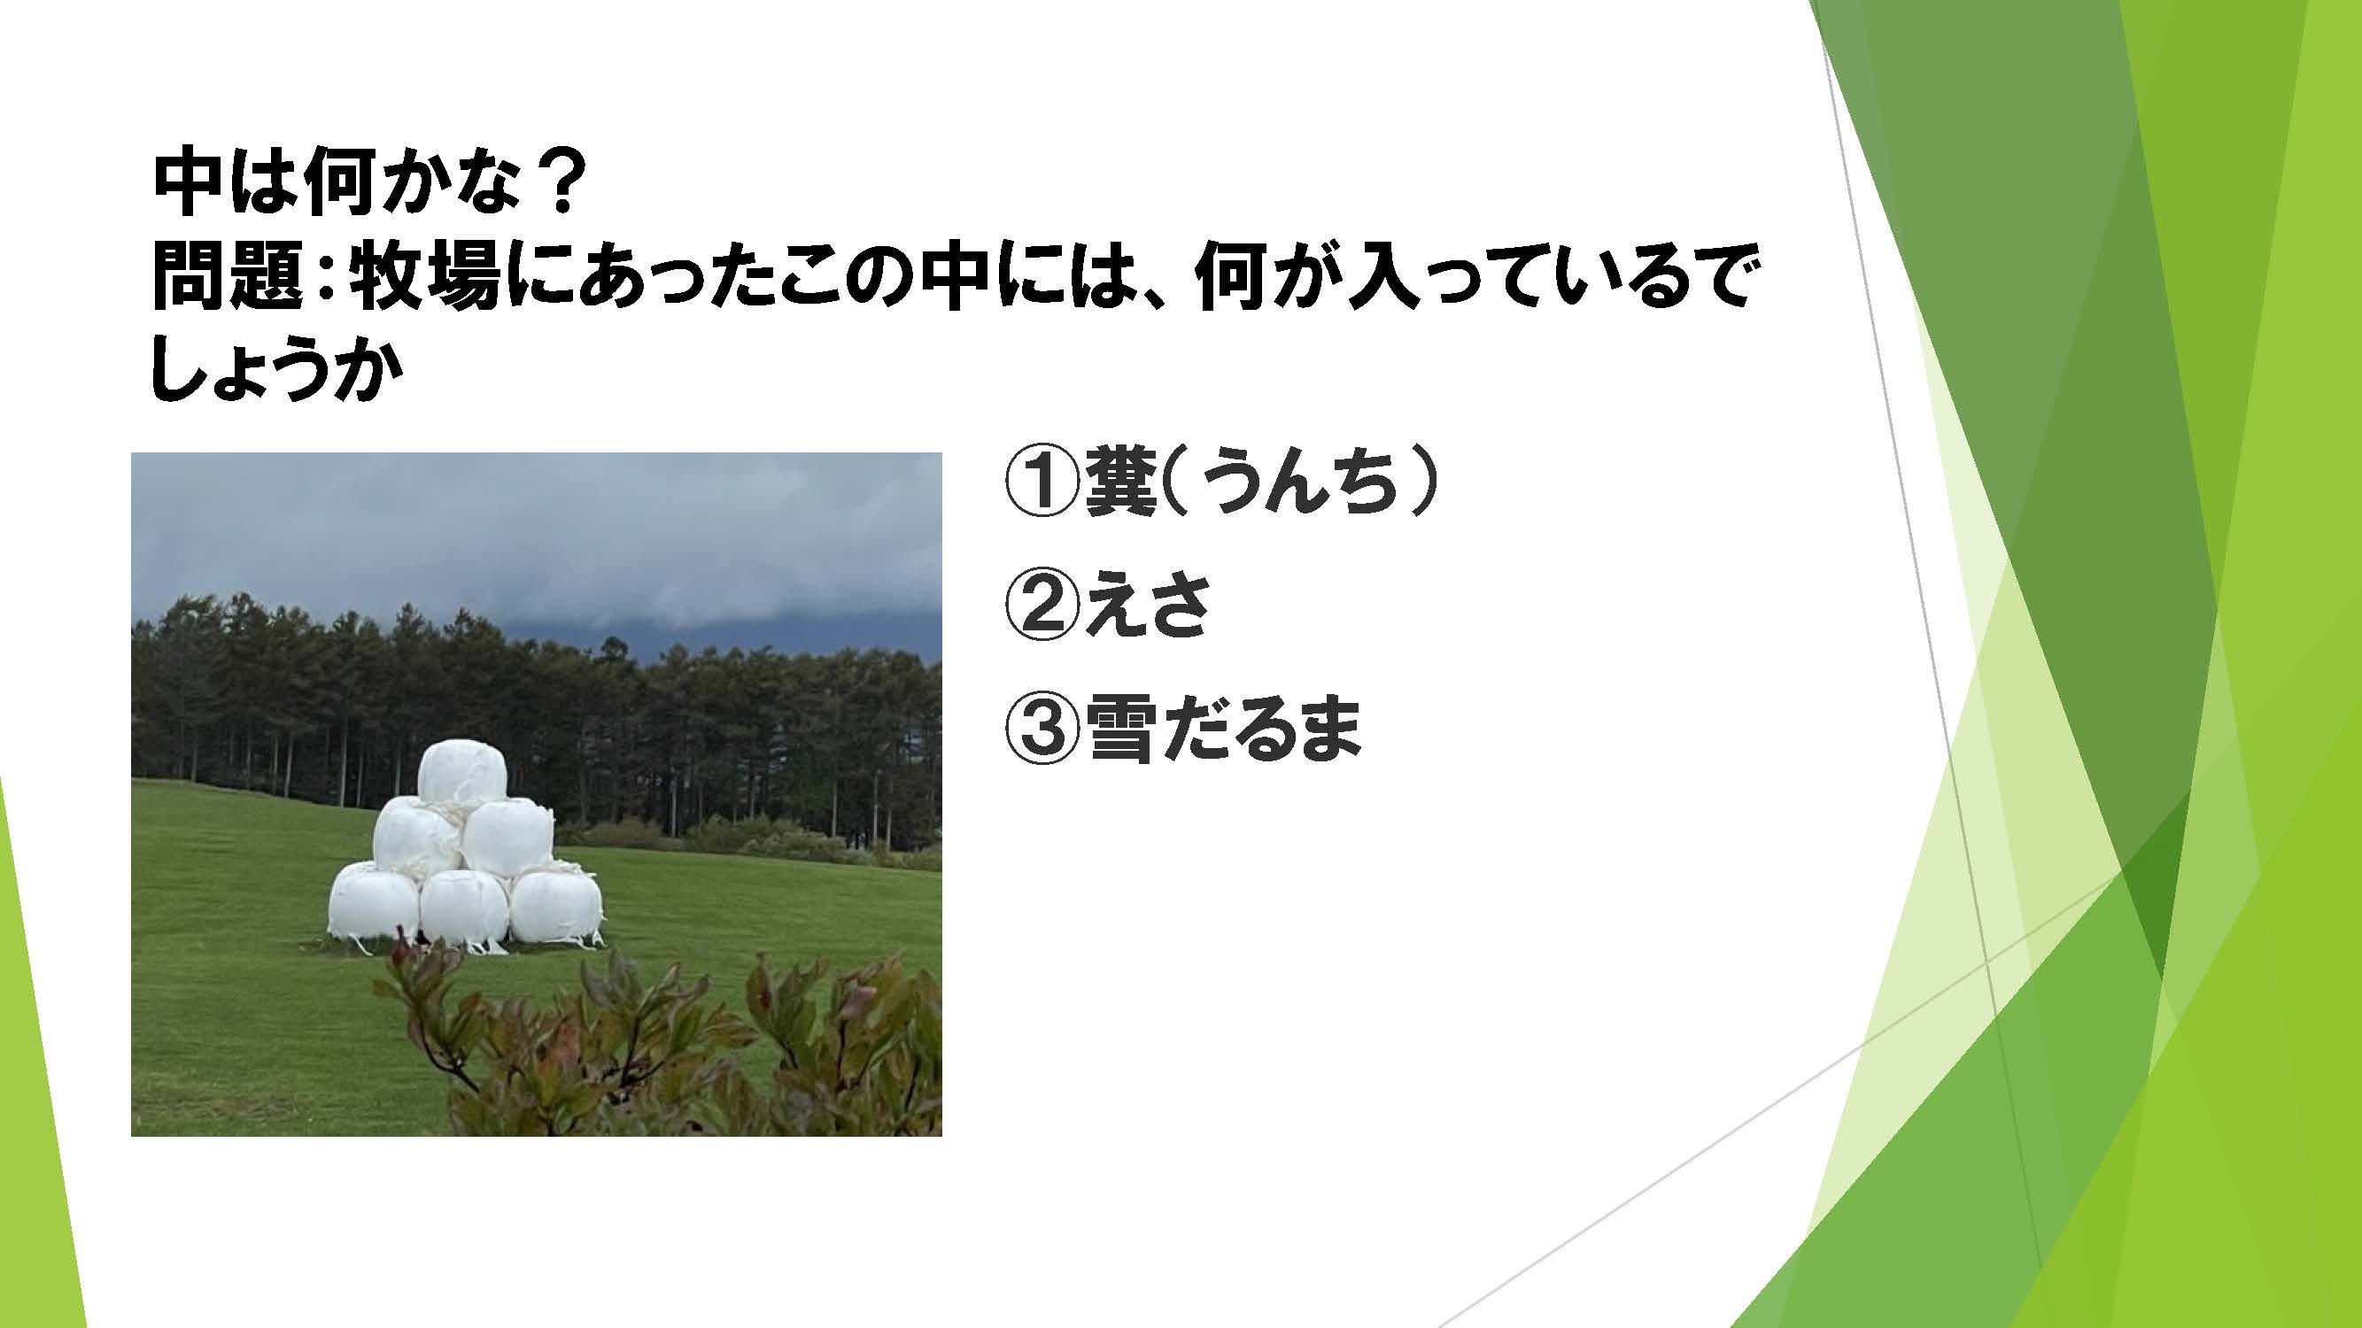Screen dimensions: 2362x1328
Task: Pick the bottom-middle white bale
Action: (x=465, y=911)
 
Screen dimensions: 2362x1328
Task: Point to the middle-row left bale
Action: (x=416, y=837)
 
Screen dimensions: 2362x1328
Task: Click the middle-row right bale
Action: (x=507, y=838)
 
